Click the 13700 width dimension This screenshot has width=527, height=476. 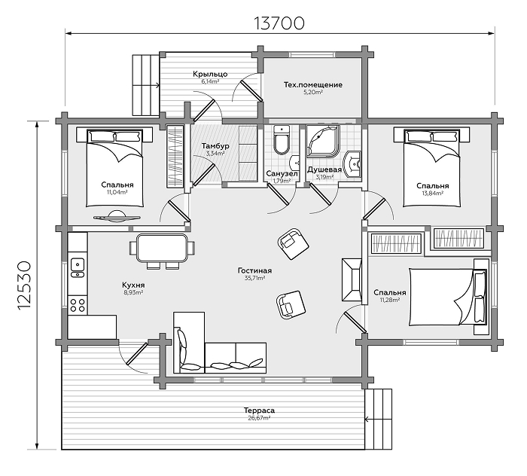279,23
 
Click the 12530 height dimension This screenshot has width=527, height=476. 24,286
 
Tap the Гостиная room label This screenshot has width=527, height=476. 254,270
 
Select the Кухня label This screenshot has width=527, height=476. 133,285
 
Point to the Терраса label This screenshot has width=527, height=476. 259,410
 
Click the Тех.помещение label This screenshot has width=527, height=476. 313,84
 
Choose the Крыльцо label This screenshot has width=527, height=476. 210,74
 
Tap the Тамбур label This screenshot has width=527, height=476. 215,146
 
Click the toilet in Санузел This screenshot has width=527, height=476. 282,140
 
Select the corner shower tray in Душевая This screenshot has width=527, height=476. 323,141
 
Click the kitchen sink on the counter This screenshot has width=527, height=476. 78,267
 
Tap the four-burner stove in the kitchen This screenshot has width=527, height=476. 78,304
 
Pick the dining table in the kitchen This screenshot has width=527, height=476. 162,248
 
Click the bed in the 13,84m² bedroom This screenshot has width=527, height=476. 432,168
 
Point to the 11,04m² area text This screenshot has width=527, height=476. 117,193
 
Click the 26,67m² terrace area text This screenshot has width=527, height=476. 259,419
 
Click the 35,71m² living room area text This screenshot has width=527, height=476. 254,279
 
